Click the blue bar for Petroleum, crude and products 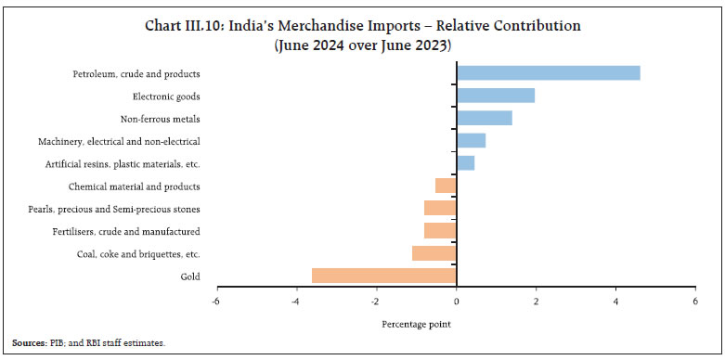[548, 73]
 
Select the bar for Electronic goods [495, 96]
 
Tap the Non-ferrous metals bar [484, 118]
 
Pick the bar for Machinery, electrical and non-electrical [471, 141]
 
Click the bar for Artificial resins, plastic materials [465, 163]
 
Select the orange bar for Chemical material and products [446, 186]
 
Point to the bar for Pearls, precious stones [440, 208]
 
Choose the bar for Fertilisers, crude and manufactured [440, 231]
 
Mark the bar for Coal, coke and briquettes [434, 253]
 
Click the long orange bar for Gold [383, 276]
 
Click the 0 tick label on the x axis [456, 301]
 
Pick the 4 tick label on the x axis [615, 301]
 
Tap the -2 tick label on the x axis [376, 301]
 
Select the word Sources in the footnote [28, 343]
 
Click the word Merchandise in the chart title [278, 26]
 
